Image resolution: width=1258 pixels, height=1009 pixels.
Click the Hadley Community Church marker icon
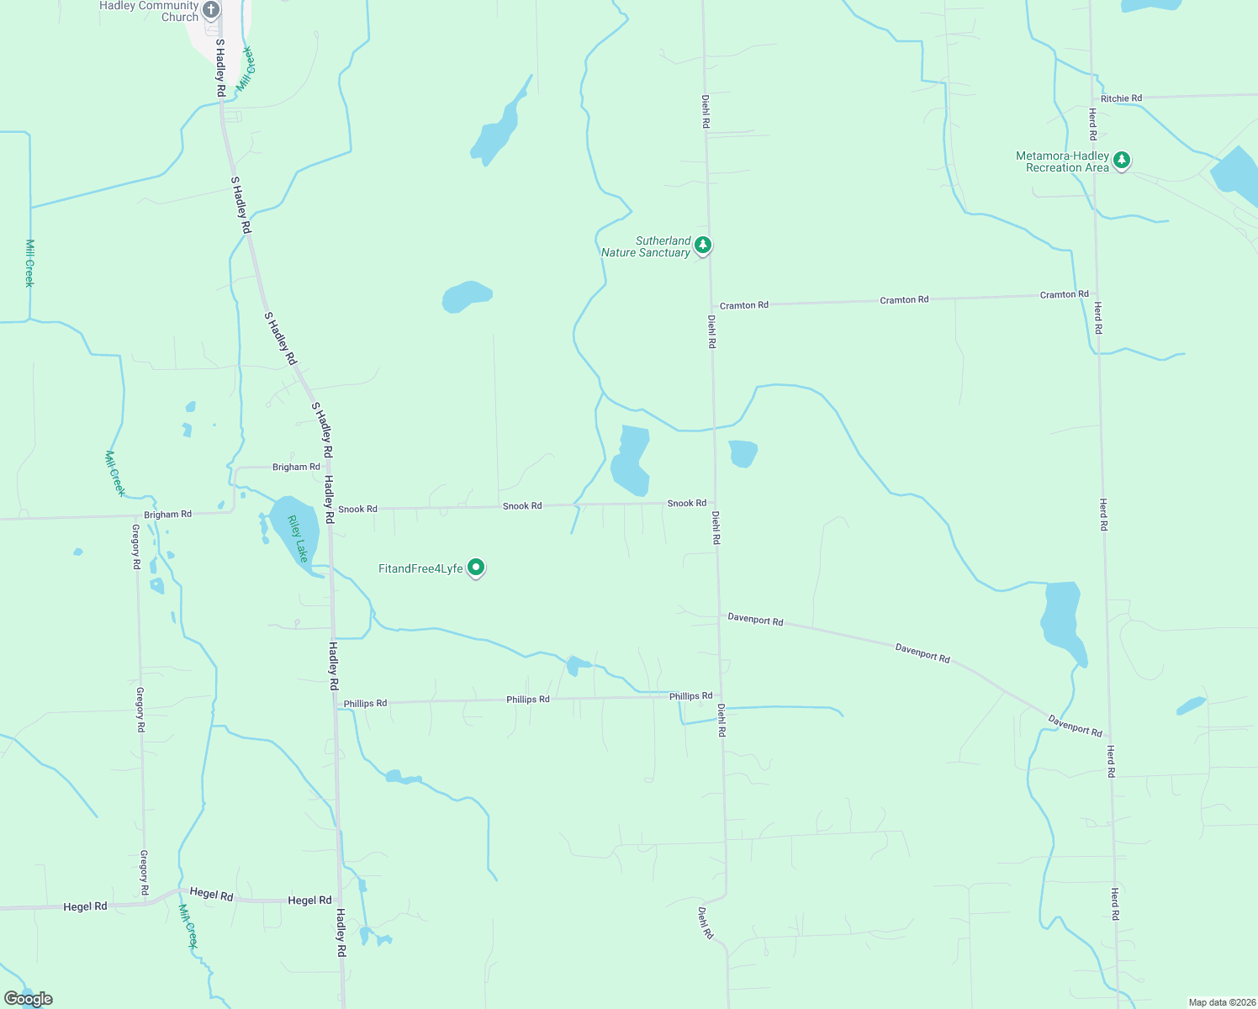tap(211, 10)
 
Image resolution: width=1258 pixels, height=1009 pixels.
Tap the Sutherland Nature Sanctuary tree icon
tap(703, 246)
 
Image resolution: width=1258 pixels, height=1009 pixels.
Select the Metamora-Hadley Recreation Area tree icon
tap(1121, 160)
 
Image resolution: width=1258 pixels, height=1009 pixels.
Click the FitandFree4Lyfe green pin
tap(476, 568)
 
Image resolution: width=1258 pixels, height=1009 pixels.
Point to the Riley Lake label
tap(298, 539)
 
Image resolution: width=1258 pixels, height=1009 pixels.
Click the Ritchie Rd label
tap(1121, 98)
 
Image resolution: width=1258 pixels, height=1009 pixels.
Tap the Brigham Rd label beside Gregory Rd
tap(167, 515)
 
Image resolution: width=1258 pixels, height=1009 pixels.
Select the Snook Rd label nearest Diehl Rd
tap(686, 503)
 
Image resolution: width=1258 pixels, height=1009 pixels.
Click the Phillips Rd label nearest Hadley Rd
tap(365, 703)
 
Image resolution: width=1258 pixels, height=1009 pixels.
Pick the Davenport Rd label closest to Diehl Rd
tap(755, 620)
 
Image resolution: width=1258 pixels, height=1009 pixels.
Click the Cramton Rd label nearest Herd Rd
tap(1064, 294)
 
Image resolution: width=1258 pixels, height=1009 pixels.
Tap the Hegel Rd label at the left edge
tap(85, 906)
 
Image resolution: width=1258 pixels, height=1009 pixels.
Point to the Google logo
tap(29, 999)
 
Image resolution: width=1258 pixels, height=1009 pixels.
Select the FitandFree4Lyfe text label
tap(420, 569)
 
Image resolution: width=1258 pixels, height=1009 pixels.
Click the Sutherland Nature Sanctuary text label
tap(646, 246)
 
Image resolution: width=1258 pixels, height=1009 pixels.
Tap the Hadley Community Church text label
tap(149, 11)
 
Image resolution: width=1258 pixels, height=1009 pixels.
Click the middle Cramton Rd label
tap(904, 299)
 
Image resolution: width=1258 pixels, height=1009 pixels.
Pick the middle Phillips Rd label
tap(527, 700)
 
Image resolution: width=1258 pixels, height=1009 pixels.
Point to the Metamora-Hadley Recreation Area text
tap(1062, 161)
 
